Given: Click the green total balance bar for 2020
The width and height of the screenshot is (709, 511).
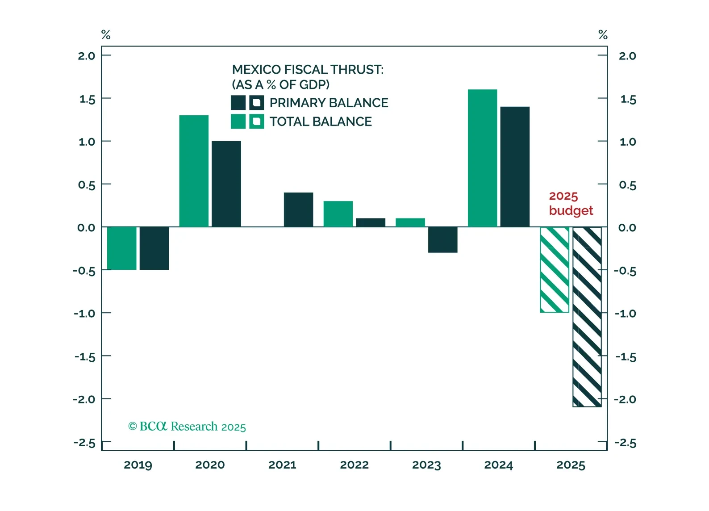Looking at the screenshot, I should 194,171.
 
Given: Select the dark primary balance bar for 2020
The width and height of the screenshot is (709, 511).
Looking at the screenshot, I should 226,184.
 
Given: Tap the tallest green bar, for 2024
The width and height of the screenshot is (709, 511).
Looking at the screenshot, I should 482,158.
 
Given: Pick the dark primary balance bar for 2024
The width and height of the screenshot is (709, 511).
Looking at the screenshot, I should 515,167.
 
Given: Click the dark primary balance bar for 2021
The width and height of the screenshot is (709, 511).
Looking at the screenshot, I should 298,209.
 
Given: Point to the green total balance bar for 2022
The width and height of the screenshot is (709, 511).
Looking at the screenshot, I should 338,214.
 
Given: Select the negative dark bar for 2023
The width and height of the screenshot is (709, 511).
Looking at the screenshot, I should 442,240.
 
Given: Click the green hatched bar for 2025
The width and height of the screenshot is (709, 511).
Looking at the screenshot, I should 555,270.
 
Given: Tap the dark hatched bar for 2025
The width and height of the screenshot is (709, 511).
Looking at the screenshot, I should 587,317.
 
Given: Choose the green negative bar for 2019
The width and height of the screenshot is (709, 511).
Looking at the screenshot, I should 122,248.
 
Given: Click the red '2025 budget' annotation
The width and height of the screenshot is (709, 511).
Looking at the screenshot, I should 571,203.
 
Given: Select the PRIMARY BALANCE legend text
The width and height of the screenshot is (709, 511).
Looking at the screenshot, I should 329,103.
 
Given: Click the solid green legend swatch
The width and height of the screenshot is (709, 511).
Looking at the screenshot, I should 238,121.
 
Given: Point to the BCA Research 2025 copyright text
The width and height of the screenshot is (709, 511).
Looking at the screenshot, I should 187,427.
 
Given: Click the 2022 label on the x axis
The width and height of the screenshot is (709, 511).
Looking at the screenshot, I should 354,465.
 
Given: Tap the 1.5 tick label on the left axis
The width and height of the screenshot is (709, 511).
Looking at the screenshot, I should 87,99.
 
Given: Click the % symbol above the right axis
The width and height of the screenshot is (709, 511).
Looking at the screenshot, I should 603,35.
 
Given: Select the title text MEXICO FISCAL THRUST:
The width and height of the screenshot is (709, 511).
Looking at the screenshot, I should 308,70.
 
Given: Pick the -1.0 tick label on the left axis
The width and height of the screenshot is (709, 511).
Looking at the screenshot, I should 84,313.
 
